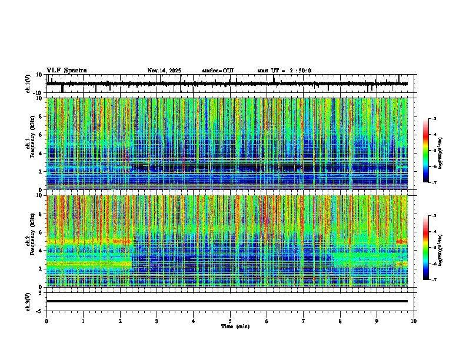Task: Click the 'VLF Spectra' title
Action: click(x=66, y=71)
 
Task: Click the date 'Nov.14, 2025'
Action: click(x=164, y=71)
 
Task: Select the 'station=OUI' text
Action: click(x=218, y=71)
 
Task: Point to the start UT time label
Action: click(x=284, y=71)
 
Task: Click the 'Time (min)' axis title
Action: click(x=235, y=326)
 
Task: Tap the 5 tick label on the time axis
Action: click(x=230, y=321)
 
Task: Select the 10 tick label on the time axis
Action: click(x=414, y=321)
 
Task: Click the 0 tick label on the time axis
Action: click(x=46, y=321)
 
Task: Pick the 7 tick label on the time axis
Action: click(x=304, y=321)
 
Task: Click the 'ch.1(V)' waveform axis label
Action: click(x=28, y=84)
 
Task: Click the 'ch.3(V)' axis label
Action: click(x=28, y=301)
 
